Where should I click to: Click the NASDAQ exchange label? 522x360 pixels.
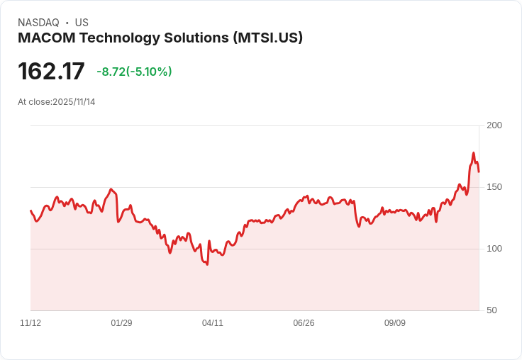pos(38,23)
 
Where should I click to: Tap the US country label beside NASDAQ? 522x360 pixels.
pos(82,23)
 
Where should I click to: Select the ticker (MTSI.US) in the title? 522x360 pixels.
pos(267,38)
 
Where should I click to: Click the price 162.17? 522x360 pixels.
pos(51,72)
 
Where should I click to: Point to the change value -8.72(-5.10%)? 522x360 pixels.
pos(134,72)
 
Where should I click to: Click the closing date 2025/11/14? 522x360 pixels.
pos(74,102)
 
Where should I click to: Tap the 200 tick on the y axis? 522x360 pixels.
pos(494,125)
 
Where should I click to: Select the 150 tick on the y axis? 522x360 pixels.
pos(494,187)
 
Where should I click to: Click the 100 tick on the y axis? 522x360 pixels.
pos(494,249)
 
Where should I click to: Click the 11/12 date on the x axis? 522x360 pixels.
pos(30,323)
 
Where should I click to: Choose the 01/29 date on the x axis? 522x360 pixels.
pos(121,323)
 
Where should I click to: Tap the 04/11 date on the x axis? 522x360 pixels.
pos(213,323)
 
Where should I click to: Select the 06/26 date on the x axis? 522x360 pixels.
pos(304,323)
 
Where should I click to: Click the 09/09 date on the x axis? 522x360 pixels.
pos(395,323)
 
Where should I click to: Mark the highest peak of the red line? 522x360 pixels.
pos(473,153)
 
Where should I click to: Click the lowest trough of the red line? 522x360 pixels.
pos(207,264)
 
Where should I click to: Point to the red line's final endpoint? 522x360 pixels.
pos(479,171)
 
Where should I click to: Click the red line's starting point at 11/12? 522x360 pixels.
pos(30,210)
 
